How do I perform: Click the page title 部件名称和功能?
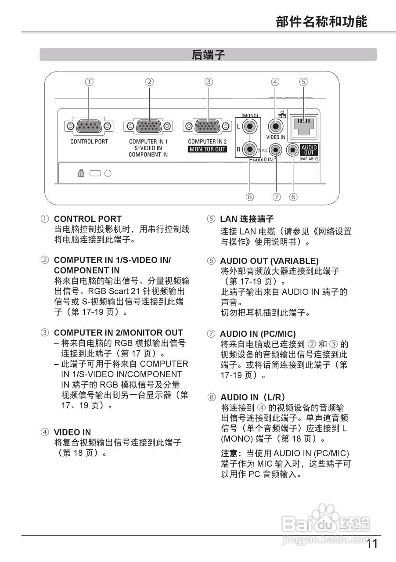[321, 21]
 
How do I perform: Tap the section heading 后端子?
[208, 55]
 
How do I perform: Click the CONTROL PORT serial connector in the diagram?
[89, 126]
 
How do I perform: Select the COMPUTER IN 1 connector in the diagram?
[148, 126]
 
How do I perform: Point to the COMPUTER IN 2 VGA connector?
[208, 126]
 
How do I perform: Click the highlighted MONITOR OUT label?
[207, 149]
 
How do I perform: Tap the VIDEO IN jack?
[275, 126]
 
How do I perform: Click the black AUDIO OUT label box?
[309, 150]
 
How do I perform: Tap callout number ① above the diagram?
[89, 81]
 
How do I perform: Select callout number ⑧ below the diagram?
[250, 197]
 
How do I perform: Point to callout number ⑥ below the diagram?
[293, 197]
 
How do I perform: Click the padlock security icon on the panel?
[81, 173]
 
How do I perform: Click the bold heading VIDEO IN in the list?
[72, 432]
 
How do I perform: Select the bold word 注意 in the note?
[230, 453]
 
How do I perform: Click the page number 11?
[371, 544]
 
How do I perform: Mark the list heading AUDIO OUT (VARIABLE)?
[269, 261]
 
